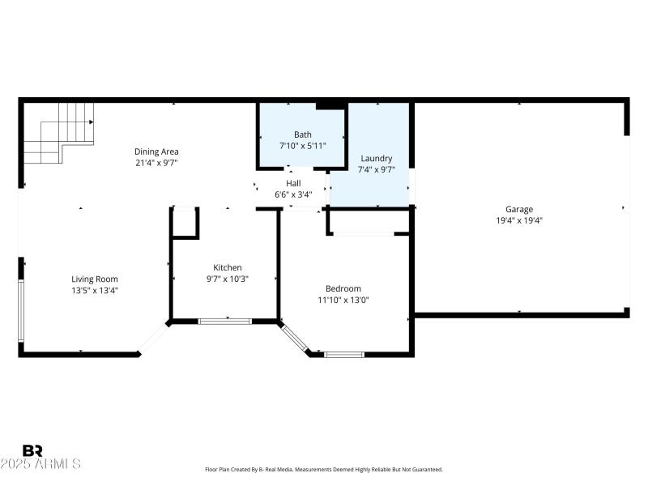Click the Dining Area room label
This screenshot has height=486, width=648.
[156, 151]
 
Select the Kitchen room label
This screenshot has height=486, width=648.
[227, 267]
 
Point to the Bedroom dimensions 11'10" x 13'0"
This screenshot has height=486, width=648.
[343, 300]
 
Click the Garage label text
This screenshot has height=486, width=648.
[519, 209]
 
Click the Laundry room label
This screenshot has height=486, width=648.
[376, 159]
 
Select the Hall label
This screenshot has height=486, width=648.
[293, 183]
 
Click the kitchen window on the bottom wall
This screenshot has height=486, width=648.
[225, 322]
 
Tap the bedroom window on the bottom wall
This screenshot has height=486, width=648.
[344, 354]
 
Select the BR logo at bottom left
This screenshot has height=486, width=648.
[32, 450]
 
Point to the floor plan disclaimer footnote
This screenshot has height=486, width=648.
[324, 470]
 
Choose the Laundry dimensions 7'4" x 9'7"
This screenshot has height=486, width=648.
[376, 169]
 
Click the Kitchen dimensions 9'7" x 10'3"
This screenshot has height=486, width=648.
[227, 279]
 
